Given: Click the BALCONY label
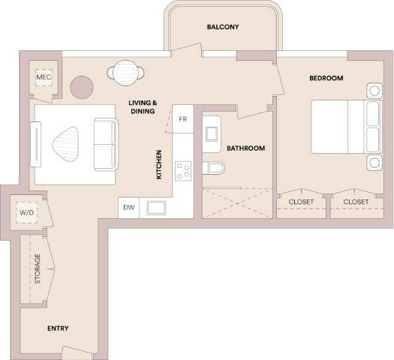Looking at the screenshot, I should (x=222, y=28).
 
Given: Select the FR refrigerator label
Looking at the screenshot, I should (x=182, y=119).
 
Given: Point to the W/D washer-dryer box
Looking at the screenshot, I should (x=26, y=213).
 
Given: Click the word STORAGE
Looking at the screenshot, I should (x=37, y=268).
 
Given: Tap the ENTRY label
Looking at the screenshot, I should (x=58, y=328).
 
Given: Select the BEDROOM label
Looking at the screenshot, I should (x=326, y=78).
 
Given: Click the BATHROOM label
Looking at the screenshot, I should (x=246, y=148).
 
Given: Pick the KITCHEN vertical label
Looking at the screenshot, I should (x=159, y=165).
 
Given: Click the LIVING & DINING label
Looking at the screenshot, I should (x=141, y=107).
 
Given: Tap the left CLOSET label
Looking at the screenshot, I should (x=301, y=202).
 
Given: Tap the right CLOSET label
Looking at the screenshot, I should (x=356, y=202).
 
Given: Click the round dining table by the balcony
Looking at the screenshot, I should (x=128, y=72).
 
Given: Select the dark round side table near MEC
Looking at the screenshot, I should (x=81, y=86).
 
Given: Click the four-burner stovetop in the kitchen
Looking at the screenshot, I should (x=183, y=171).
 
